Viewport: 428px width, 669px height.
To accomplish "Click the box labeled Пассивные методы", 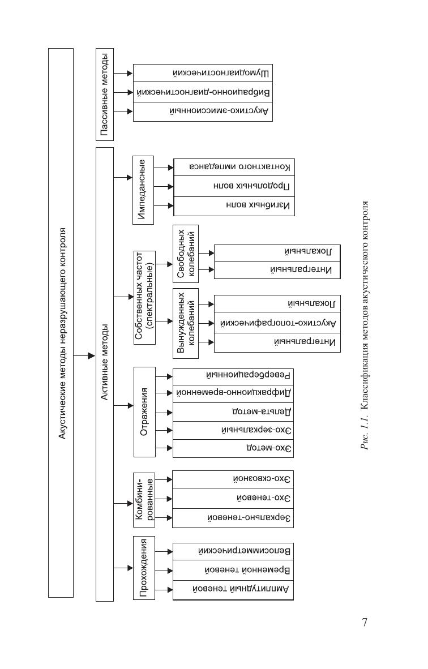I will [105, 95].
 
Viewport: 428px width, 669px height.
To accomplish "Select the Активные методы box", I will [105, 374].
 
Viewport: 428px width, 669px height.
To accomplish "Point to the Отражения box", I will [144, 412].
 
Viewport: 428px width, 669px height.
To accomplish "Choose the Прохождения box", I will [144, 568].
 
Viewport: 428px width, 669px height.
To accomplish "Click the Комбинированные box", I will [144, 499].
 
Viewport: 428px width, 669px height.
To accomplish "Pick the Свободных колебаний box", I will [186, 253].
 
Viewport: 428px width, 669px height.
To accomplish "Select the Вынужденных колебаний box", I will [186, 323].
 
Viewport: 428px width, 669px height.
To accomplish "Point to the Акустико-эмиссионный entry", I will [221, 111].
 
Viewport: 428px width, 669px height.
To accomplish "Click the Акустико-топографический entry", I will [278, 323].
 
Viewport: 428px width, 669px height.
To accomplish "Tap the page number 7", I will [365, 623].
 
